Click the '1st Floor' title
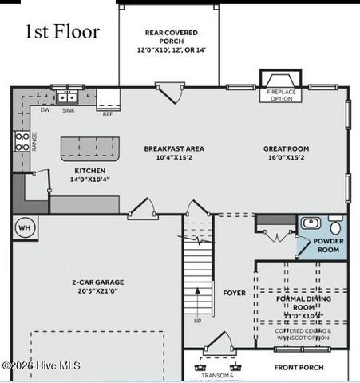pyautogui.click(x=62, y=32)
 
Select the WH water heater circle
pyautogui.click(x=22, y=226)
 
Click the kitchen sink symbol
pyautogui.click(x=66, y=97)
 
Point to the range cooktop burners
pyautogui.click(x=22, y=142)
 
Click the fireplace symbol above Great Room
pyautogui.click(x=280, y=81)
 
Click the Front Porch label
pyautogui.click(x=299, y=368)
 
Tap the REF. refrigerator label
pyautogui.click(x=108, y=114)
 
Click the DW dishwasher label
pyautogui.click(x=45, y=110)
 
